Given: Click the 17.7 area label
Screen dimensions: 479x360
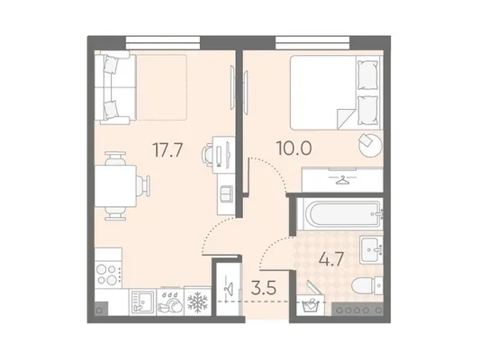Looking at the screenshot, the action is (167, 150).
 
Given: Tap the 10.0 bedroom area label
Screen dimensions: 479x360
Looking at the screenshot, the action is (294, 148).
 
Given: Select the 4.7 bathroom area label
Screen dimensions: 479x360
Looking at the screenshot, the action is (331, 260).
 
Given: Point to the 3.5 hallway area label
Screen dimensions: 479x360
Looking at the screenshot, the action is (263, 288).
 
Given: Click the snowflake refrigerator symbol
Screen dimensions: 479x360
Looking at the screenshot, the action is (197, 302).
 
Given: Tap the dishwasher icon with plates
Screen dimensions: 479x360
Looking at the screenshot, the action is (170, 303).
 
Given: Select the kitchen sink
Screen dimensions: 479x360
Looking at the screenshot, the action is (142, 302).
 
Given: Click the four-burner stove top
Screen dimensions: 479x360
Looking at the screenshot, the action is (108, 274).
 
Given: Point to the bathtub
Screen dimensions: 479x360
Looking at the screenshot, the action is (339, 214).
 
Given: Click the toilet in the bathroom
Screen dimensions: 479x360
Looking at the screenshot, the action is (367, 286).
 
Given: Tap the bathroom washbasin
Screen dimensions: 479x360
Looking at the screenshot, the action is (371, 250).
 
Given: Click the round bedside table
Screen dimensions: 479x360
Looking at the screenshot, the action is (370, 145).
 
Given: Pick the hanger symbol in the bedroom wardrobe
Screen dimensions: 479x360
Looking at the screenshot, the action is (342, 179).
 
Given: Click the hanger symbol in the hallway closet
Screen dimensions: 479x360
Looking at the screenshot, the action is (228, 287).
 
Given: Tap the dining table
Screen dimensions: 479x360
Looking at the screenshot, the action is (115, 186).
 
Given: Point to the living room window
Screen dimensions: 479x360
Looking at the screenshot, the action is (163, 42).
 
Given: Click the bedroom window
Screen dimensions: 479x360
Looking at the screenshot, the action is (312, 42).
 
